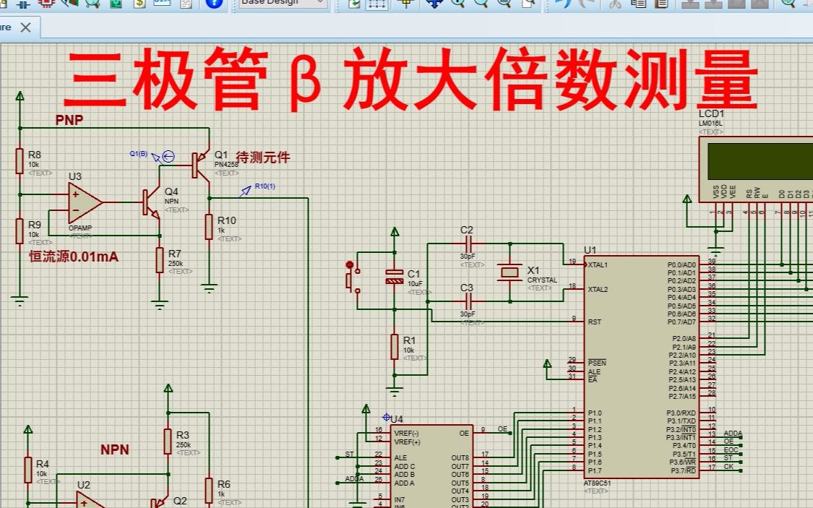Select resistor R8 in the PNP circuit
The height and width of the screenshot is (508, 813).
20,162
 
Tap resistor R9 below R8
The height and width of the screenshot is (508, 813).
20,231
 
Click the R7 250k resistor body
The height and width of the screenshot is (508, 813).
160,260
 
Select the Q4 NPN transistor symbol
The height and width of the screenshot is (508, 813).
150,202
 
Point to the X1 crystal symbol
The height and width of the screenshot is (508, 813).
510,272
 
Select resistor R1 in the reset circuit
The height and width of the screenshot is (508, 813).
395,347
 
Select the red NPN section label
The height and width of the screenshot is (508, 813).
115,449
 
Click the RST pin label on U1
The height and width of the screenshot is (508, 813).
595,322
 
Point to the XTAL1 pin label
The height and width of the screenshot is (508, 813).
598,264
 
